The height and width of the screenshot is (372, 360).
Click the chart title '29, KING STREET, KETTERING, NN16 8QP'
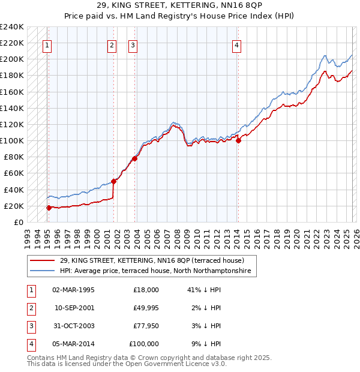pyautogui.click(x=180, y=7)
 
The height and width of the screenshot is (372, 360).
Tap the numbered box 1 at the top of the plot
pyautogui.click(x=47, y=44)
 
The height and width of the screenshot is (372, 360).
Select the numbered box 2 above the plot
pyautogui.click(x=112, y=44)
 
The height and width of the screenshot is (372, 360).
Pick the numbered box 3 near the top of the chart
pyautogui.click(x=133, y=44)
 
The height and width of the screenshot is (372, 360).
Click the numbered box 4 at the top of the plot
pyautogui.click(x=237, y=44)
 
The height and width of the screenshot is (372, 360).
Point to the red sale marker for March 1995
pyautogui.click(x=49, y=208)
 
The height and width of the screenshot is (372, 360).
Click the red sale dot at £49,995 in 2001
pyautogui.click(x=113, y=181)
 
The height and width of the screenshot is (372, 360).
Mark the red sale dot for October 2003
pyautogui.click(x=135, y=158)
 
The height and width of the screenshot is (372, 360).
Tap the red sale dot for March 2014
pyautogui.click(x=238, y=141)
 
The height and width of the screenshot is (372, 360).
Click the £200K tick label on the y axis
pyautogui.click(x=12, y=59)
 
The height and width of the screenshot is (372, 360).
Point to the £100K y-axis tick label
pyautogui.click(x=12, y=141)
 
